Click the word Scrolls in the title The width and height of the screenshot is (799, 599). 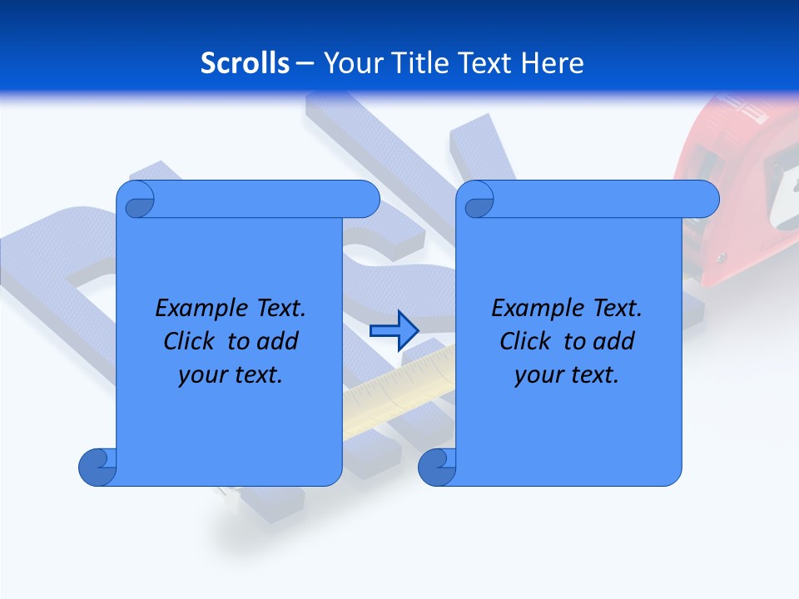click(x=245, y=63)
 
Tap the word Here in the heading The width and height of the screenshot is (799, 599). click(x=553, y=63)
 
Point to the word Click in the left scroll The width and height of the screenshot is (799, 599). click(x=188, y=342)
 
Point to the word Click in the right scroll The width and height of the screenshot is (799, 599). click(x=524, y=342)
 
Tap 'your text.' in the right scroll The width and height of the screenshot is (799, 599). click(x=567, y=375)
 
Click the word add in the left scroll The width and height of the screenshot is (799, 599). click(x=280, y=342)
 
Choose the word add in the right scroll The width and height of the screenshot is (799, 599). click(x=616, y=342)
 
